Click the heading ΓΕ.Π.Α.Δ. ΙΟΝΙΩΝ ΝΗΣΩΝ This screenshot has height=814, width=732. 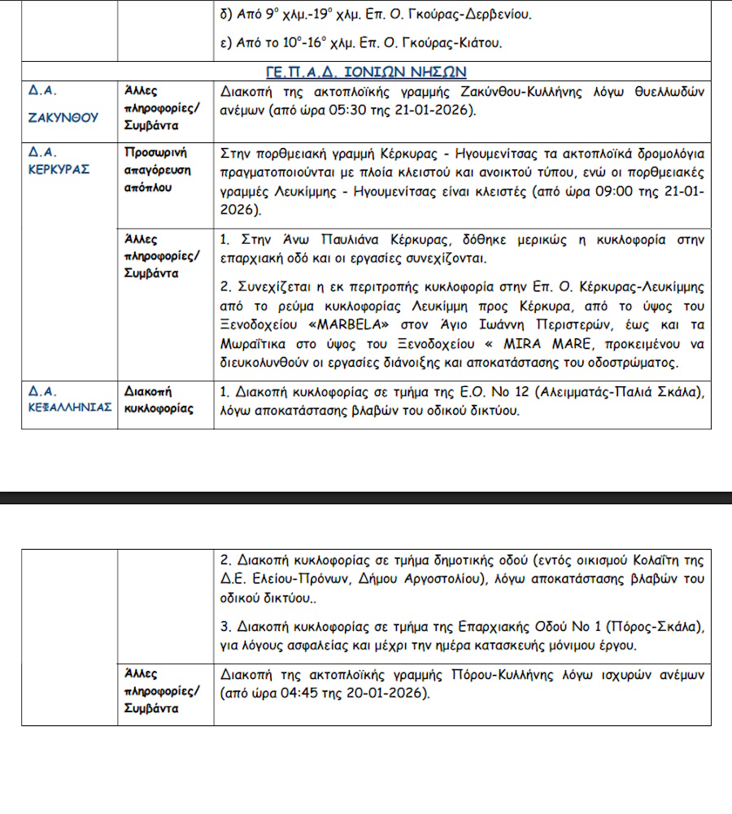pyautogui.click(x=365, y=72)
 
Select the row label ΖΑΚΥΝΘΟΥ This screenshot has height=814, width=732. pyautogui.click(x=63, y=117)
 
